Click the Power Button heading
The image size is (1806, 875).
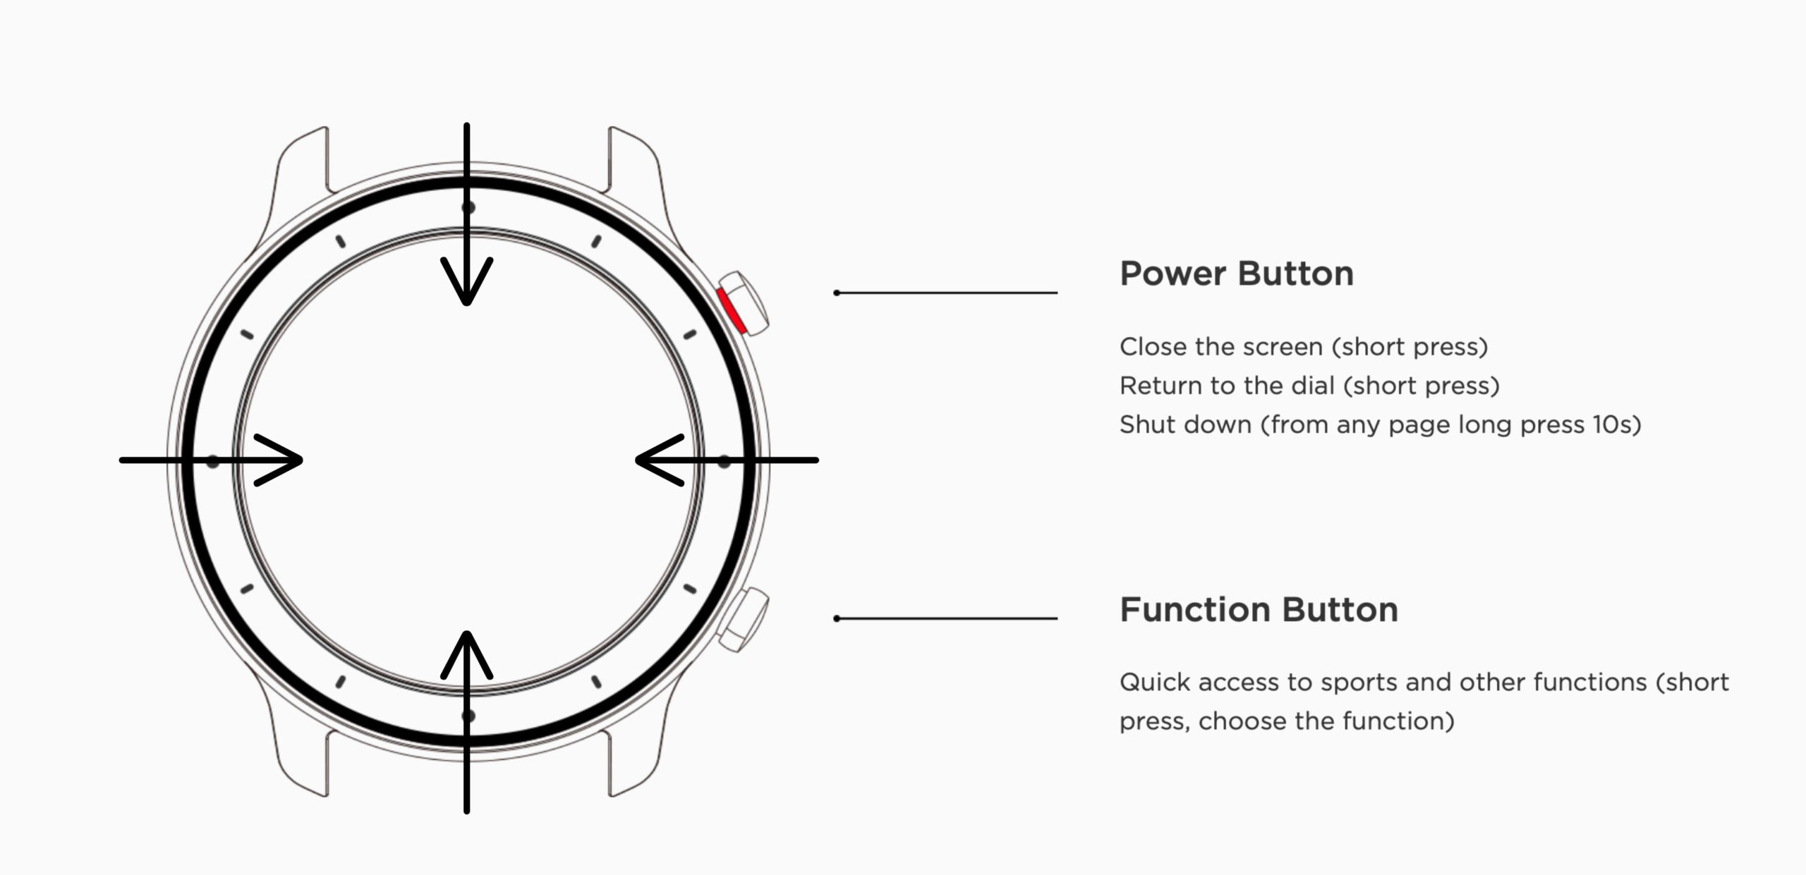1237,274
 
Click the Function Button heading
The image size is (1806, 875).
1259,610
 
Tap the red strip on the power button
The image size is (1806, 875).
731,310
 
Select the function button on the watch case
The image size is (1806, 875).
744,620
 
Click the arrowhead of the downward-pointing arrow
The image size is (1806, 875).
466,282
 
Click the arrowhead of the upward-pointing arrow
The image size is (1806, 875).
466,654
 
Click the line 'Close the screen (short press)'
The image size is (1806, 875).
1304,347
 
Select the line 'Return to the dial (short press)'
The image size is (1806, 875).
1309,386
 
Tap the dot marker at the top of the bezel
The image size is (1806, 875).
468,207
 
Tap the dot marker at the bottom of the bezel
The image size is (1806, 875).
468,716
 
